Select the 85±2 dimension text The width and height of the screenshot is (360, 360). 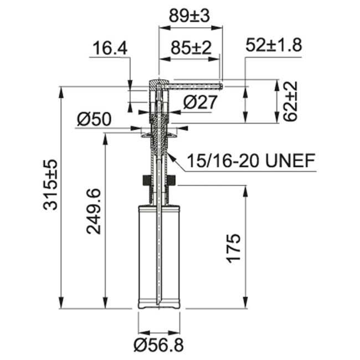[x=191, y=49]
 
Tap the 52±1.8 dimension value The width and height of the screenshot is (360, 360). [x=273, y=45]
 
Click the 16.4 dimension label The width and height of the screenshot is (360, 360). [x=110, y=49]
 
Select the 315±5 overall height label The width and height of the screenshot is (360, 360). [x=51, y=184]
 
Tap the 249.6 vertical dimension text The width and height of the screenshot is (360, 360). [x=94, y=210]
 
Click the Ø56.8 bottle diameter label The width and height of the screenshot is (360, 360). [x=158, y=344]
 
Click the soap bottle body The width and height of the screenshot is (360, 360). [x=158, y=255]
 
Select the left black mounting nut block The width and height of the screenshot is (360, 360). [x=146, y=181]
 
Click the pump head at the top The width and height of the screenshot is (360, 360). [x=157, y=85]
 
